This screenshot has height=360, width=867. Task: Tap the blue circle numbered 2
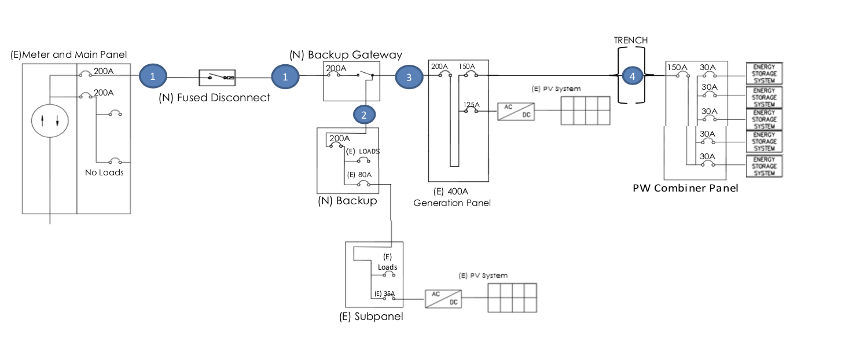[363, 115]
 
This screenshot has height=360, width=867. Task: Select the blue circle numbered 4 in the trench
[632, 76]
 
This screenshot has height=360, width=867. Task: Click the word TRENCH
[631, 41]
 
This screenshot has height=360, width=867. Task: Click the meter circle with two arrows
[50, 120]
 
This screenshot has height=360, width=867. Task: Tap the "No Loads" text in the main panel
[104, 172]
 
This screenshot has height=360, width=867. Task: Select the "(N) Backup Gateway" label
[346, 55]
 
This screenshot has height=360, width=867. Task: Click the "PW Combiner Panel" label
[685, 188]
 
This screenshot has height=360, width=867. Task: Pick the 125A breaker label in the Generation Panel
[472, 104]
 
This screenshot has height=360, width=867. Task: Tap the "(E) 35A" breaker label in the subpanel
[384, 293]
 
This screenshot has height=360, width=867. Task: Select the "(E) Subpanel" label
[371, 317]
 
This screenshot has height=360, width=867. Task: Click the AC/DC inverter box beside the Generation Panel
[516, 111]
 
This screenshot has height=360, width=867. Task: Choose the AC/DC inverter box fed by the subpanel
[443, 299]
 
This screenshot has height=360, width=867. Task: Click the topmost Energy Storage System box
[763, 74]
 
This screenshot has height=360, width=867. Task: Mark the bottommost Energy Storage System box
[763, 166]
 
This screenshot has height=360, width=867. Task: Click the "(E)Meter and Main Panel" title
[68, 55]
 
